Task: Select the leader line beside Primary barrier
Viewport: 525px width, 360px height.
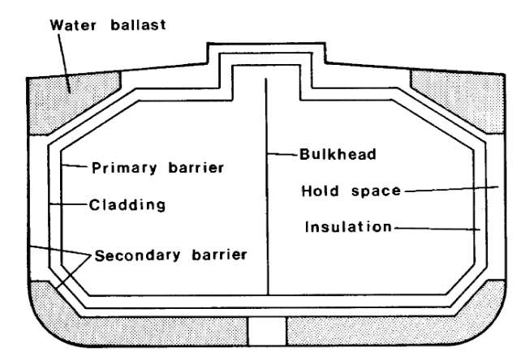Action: tap(76, 168)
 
